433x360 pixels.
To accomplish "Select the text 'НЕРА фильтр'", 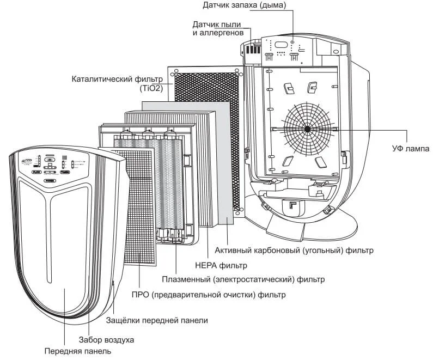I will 221,265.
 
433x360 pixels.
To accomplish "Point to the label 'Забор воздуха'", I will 107,339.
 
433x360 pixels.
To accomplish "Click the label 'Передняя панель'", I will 78,351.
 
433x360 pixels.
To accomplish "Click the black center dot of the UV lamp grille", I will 307,129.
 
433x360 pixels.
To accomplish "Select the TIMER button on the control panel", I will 64,172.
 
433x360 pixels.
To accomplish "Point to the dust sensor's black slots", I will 251,49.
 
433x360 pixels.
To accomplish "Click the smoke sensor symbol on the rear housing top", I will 293,42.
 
